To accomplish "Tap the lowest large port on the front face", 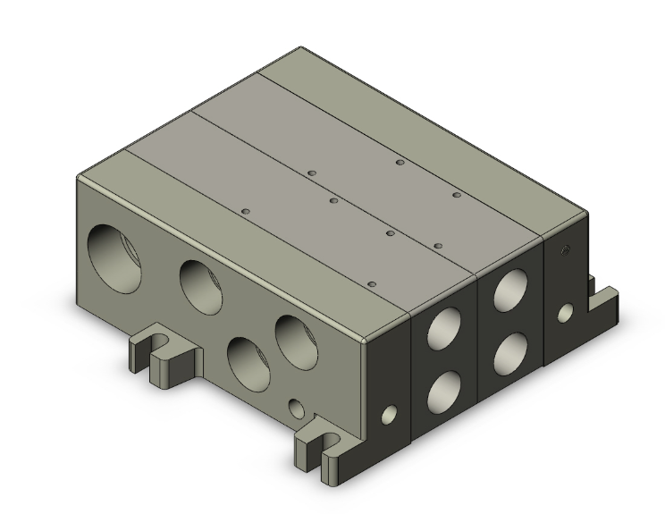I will pyautogui.click(x=247, y=359).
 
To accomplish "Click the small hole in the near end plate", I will pyautogui.click(x=388, y=415).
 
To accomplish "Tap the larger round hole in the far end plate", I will pyautogui.click(x=564, y=312).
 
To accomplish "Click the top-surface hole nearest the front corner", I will pyautogui.click(x=369, y=284).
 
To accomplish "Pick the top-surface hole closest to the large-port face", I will pyautogui.click(x=245, y=211).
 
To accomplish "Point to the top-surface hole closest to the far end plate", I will pyautogui.click(x=456, y=194).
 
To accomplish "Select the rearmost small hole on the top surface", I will pyautogui.click(x=400, y=163).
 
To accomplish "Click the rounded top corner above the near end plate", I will pyautogui.click(x=367, y=341).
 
